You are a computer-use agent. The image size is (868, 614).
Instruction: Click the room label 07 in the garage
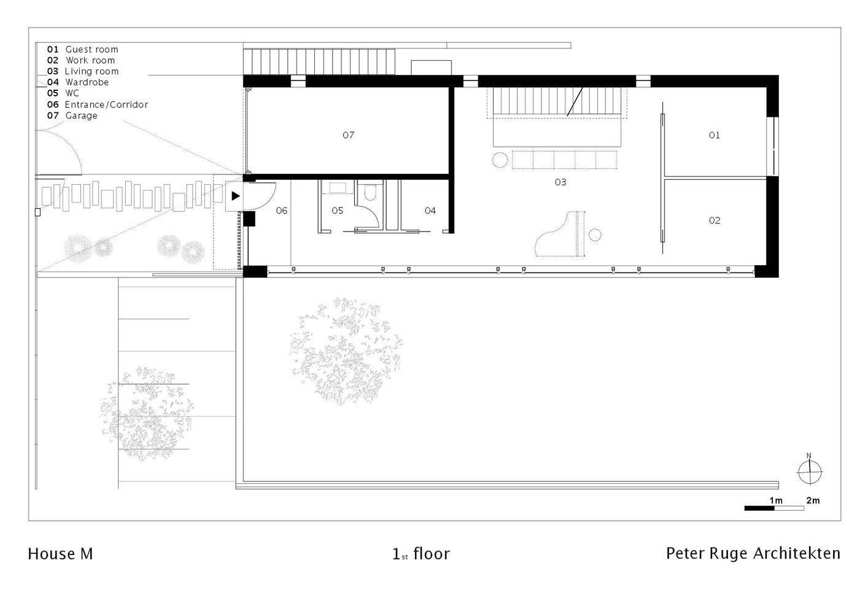coord(348,135)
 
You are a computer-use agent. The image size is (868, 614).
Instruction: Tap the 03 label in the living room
coord(560,182)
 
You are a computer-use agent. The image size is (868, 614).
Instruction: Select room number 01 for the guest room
coord(714,135)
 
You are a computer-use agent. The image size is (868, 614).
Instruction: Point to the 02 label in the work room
coord(714,220)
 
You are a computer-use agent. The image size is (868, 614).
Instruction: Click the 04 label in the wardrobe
coord(430,211)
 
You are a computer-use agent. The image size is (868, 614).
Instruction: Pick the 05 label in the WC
coord(338,211)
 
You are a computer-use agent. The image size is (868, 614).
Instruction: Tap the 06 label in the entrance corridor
coord(282,211)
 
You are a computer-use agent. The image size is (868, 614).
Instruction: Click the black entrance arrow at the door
coord(236,196)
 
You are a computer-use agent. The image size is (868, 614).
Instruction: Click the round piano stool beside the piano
coord(595,235)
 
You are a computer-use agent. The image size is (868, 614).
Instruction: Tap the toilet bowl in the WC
coord(370,193)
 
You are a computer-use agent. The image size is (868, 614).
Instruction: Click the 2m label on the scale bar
coord(813,500)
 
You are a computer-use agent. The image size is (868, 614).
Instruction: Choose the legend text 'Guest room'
coord(91,50)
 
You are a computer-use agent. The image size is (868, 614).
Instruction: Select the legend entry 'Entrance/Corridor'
coord(106,104)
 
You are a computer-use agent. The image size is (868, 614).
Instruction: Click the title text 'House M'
coord(60,554)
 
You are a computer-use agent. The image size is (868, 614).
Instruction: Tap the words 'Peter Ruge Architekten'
coord(753,554)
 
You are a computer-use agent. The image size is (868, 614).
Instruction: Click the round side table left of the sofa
coord(500,160)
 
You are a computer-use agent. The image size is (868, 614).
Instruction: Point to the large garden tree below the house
coord(346,351)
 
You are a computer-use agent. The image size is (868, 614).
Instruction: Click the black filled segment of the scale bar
coord(759,508)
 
